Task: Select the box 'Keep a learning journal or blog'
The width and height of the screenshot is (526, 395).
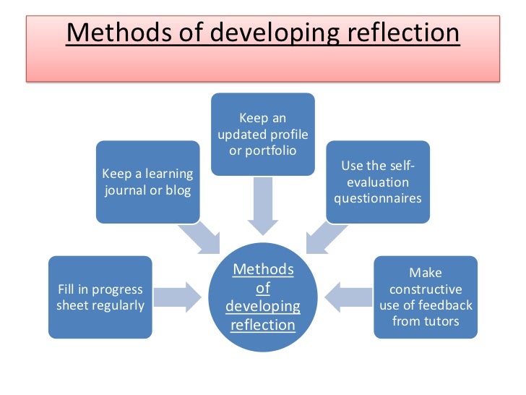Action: pos(147,181)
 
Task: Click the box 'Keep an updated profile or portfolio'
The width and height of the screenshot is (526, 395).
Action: pos(262,134)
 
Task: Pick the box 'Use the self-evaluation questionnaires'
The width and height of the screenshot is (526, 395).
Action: pos(378,181)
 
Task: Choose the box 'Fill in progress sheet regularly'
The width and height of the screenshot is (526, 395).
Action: pos(100,297)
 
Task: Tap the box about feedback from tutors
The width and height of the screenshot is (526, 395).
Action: pos(426,297)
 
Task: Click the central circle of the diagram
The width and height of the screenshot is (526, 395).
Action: pos(263,297)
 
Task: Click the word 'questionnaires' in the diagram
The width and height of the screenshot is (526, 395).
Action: pos(378,197)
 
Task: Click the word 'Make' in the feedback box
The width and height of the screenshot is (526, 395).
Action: pos(426,273)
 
